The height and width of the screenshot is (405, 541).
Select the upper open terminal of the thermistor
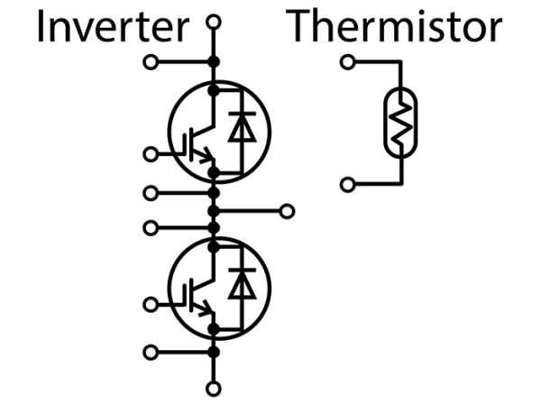point(347,62)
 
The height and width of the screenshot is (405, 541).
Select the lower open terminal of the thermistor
point(347,185)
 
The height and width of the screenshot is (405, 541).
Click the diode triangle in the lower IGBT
point(240,285)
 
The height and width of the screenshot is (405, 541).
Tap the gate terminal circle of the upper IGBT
point(151,154)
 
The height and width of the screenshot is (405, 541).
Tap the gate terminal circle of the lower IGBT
point(151,305)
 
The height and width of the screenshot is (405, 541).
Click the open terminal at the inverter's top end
point(214,21)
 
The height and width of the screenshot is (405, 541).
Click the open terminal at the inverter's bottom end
point(214,389)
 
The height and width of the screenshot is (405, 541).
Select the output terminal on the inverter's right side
point(287,211)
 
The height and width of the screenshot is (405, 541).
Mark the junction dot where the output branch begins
point(214,211)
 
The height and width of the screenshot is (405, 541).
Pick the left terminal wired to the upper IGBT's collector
point(151,62)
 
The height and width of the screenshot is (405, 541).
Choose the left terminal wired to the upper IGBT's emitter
point(151,192)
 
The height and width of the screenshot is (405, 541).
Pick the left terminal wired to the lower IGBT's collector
point(151,226)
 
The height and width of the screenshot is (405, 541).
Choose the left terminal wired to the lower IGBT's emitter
point(151,351)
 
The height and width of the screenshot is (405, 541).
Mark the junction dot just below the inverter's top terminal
point(214,62)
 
